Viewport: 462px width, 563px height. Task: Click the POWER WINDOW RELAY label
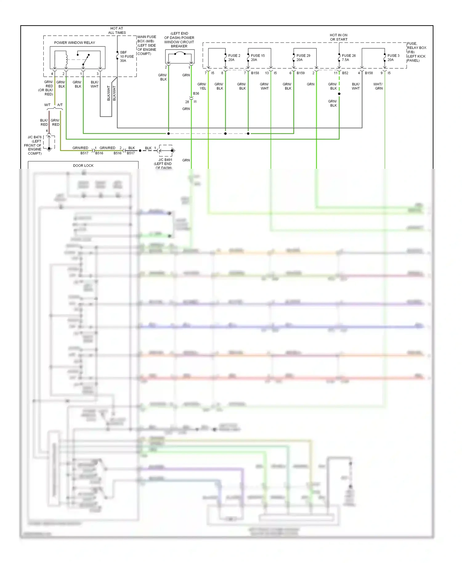(x=75, y=43)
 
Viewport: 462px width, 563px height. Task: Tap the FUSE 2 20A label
(x=234, y=58)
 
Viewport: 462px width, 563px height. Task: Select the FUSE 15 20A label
(x=257, y=58)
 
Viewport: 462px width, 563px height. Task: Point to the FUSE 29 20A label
(x=303, y=58)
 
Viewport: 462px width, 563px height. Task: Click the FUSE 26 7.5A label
(x=348, y=58)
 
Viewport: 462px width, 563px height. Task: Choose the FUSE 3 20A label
(x=393, y=58)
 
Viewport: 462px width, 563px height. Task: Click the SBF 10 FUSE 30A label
(x=127, y=56)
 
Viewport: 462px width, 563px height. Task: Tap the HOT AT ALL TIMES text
(x=117, y=30)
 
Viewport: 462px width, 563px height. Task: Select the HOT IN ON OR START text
(x=338, y=37)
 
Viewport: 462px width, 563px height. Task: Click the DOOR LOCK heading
(x=83, y=165)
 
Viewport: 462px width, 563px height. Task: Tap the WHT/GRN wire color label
(x=378, y=86)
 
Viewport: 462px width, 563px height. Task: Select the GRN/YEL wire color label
(x=202, y=86)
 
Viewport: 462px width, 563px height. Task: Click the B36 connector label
(x=196, y=93)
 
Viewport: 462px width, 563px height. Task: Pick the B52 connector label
(x=345, y=73)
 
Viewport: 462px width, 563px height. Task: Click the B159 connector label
(x=300, y=73)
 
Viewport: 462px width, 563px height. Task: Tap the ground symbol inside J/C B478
(x=49, y=149)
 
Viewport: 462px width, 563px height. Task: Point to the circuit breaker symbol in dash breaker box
(x=180, y=54)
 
